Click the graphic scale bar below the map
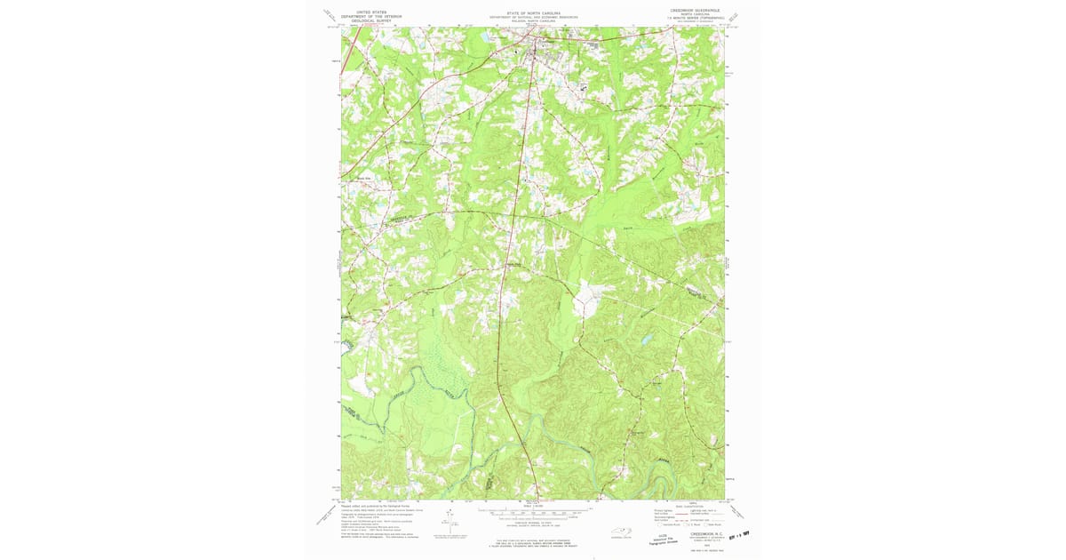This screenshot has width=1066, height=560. click(x=534, y=512)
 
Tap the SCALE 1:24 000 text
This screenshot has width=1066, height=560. click(x=534, y=506)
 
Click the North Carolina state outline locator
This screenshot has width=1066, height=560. click(x=622, y=532)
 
